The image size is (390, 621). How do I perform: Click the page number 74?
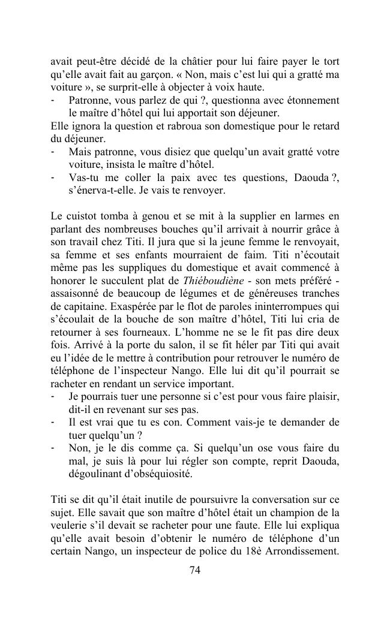tap(194, 570)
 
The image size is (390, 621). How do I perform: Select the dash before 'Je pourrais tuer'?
tap(53, 397)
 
